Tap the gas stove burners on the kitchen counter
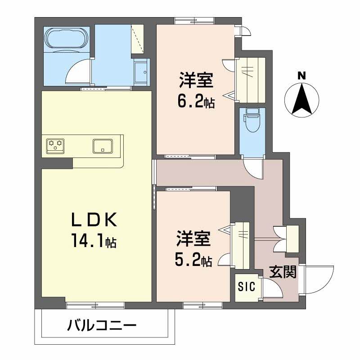54,145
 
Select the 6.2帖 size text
196,102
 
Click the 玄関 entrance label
283,272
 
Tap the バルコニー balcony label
102,325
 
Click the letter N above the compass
302,76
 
